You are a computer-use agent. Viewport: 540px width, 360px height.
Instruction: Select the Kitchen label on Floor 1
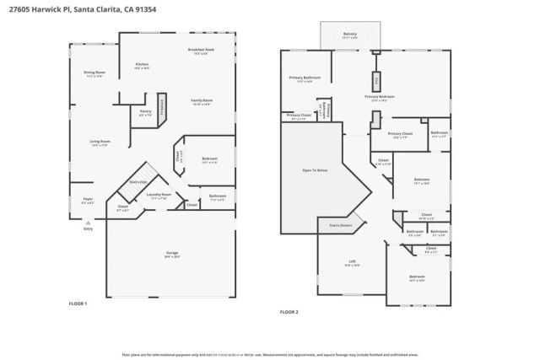[143, 65]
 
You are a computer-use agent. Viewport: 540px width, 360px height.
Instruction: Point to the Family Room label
[202, 101]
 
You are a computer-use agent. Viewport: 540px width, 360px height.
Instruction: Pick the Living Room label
[100, 142]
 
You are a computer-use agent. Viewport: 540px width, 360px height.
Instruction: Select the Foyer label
[88, 201]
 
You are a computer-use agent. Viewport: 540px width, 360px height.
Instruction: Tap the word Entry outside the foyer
[88, 228]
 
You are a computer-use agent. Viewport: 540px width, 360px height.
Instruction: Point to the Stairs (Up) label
[138, 181]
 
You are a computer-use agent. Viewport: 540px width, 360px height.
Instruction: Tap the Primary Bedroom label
[381, 97]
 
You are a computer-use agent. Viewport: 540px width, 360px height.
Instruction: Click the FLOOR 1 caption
[78, 303]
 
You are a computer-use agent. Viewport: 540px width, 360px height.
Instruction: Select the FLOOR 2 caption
[289, 312]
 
